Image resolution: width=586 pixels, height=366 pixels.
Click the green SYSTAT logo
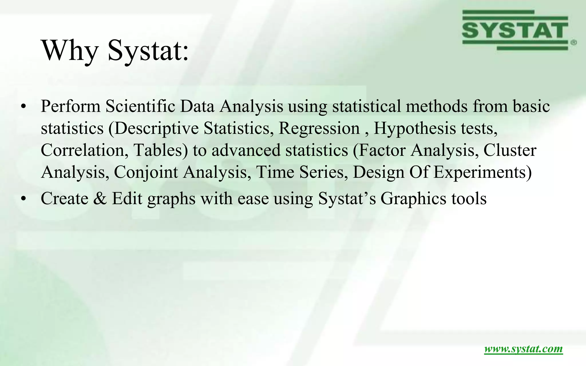[x=515, y=30]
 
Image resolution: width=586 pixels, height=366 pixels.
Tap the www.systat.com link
[x=523, y=349]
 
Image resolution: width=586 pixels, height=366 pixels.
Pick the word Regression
[x=319, y=128]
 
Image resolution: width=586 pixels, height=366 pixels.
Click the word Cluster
[x=510, y=150]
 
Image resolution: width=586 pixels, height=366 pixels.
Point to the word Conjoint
[x=146, y=172]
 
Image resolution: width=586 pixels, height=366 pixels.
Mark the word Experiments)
[x=482, y=172]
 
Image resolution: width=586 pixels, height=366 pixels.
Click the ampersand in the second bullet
[x=100, y=198]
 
